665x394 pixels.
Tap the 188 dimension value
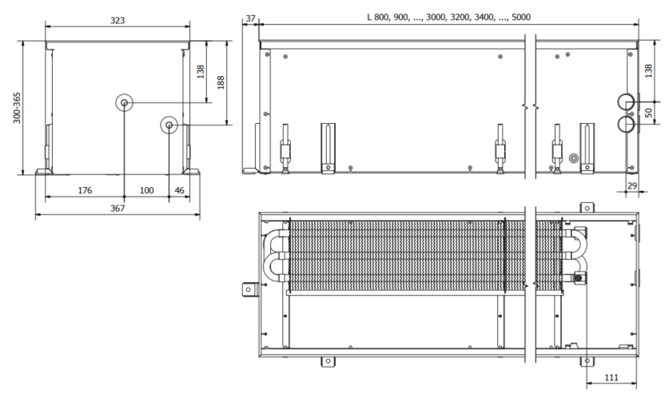pyautogui.click(x=221, y=83)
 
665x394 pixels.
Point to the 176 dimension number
pyautogui.click(x=84, y=190)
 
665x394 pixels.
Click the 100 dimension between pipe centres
pyautogui.click(x=146, y=190)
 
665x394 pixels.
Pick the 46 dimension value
pyautogui.click(x=179, y=190)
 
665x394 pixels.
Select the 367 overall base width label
pyautogui.click(x=117, y=209)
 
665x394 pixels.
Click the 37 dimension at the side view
pyautogui.click(x=251, y=18)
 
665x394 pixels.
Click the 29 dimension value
pyautogui.click(x=633, y=185)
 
